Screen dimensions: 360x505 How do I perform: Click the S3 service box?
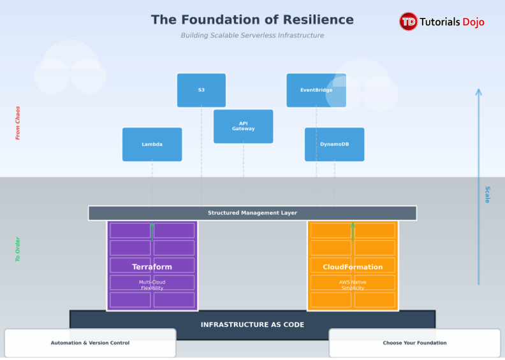tap(201, 90)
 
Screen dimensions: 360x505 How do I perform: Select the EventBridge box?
tap(316, 90)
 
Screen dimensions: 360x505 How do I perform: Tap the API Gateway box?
tap(243, 126)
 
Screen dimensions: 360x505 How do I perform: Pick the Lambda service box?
tap(152, 145)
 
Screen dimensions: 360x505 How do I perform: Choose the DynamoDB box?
tap(334, 145)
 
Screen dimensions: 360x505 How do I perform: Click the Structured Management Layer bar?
tap(252, 213)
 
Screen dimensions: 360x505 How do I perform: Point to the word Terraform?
tap(152, 267)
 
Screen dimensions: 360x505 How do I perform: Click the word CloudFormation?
tap(353, 267)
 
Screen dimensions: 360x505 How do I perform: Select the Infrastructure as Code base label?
tap(252, 324)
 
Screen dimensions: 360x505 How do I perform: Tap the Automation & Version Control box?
tap(90, 343)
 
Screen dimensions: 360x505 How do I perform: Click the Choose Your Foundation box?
tap(414, 343)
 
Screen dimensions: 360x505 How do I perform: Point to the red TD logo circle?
tap(408, 22)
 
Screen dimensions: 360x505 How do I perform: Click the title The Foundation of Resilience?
tap(252, 20)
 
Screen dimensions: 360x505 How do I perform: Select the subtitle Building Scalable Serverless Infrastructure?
tap(252, 36)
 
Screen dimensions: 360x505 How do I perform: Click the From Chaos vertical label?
tap(18, 123)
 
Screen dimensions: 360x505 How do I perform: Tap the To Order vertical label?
tap(18, 249)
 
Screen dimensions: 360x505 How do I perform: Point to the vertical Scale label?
tap(487, 194)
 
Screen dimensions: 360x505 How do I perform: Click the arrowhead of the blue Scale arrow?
tap(479, 92)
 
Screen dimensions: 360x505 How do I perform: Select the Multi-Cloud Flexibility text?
tap(152, 285)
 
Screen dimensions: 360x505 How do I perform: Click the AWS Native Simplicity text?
tap(353, 285)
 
